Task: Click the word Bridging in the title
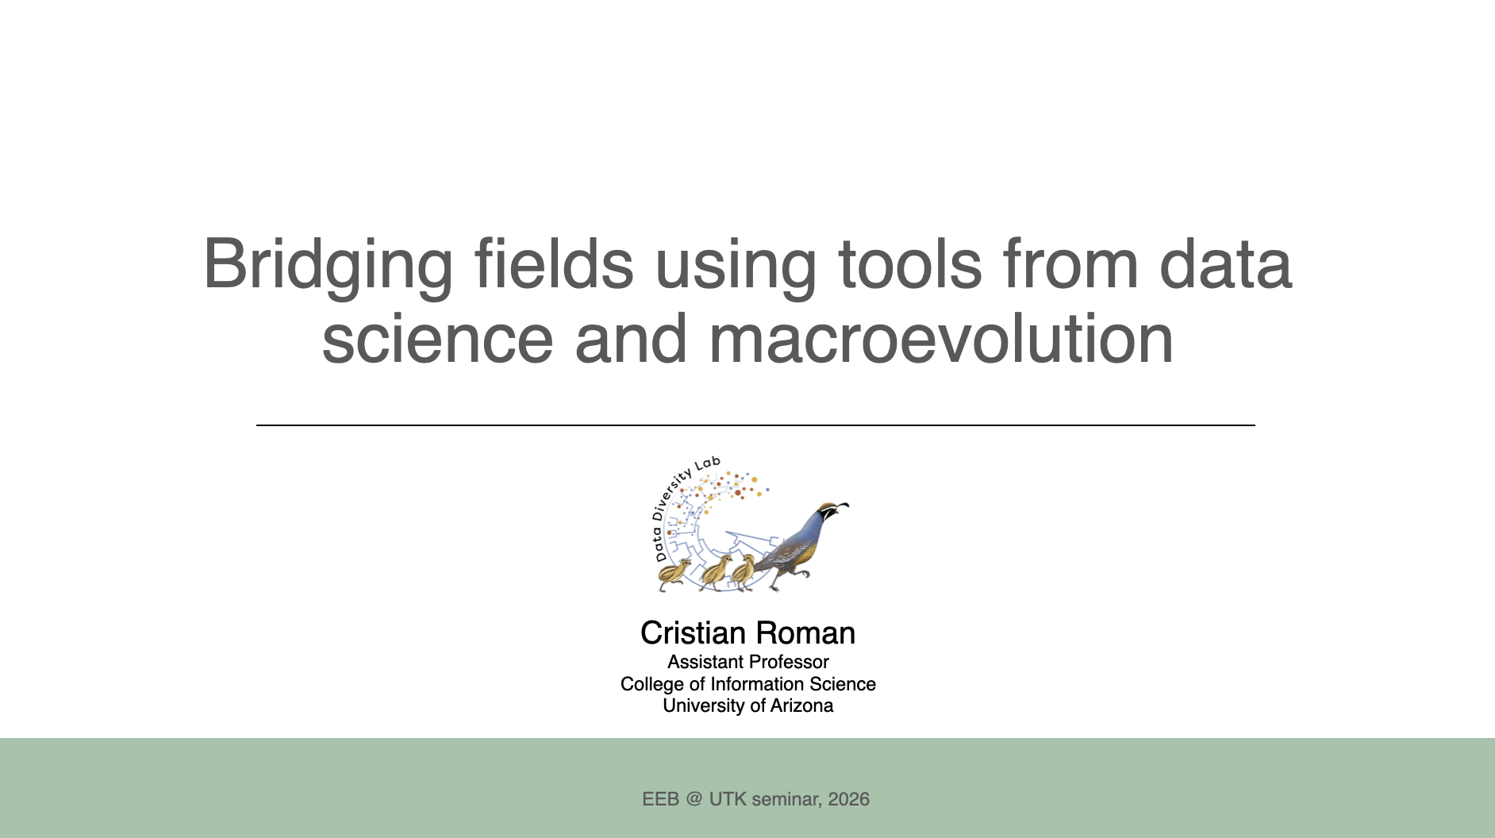(328, 266)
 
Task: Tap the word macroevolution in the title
(941, 339)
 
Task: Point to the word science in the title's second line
(437, 339)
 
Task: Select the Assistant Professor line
(748, 662)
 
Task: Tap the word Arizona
(801, 705)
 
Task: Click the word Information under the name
(757, 684)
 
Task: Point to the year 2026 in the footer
(848, 799)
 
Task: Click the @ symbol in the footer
(694, 799)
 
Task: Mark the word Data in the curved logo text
(659, 548)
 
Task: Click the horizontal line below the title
(755, 425)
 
